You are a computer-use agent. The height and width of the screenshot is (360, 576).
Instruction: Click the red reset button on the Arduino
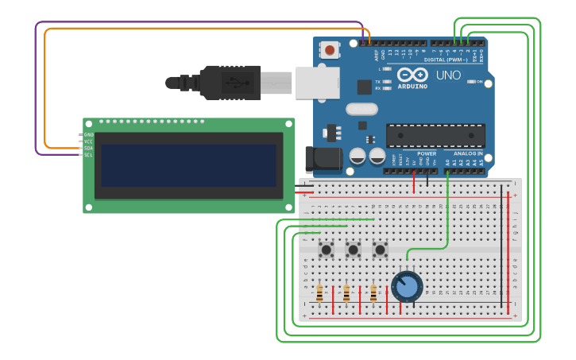point(330,51)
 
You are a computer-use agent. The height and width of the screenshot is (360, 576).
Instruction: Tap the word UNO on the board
point(448,75)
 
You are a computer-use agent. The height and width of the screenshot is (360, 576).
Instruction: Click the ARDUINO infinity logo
point(412,75)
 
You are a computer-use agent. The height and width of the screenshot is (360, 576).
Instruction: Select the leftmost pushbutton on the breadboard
point(326,250)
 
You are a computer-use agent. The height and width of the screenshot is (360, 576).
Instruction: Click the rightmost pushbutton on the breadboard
point(380,250)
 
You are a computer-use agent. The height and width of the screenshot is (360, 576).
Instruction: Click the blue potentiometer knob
point(407,287)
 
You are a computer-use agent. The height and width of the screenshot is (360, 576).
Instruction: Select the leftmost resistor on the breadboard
point(319,294)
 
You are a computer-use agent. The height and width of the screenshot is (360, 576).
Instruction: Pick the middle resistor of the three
point(346,294)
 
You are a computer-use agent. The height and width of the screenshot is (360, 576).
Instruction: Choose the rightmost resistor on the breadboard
point(373,294)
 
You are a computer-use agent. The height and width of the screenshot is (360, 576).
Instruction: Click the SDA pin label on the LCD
point(88,148)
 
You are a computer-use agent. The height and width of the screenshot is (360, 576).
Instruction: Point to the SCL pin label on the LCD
point(88,155)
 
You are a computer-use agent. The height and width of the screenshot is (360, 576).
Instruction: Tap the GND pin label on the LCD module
point(88,134)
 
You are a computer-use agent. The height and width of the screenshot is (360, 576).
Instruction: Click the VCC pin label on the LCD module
point(88,141)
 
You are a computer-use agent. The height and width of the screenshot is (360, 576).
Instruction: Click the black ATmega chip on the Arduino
point(435,135)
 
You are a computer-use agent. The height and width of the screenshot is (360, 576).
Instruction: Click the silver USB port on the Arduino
point(317,83)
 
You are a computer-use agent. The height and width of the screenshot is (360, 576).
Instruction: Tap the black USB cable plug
point(230,83)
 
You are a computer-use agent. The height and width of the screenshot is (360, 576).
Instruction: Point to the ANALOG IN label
point(468,153)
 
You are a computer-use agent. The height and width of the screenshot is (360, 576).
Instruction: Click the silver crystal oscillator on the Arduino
point(361,109)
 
